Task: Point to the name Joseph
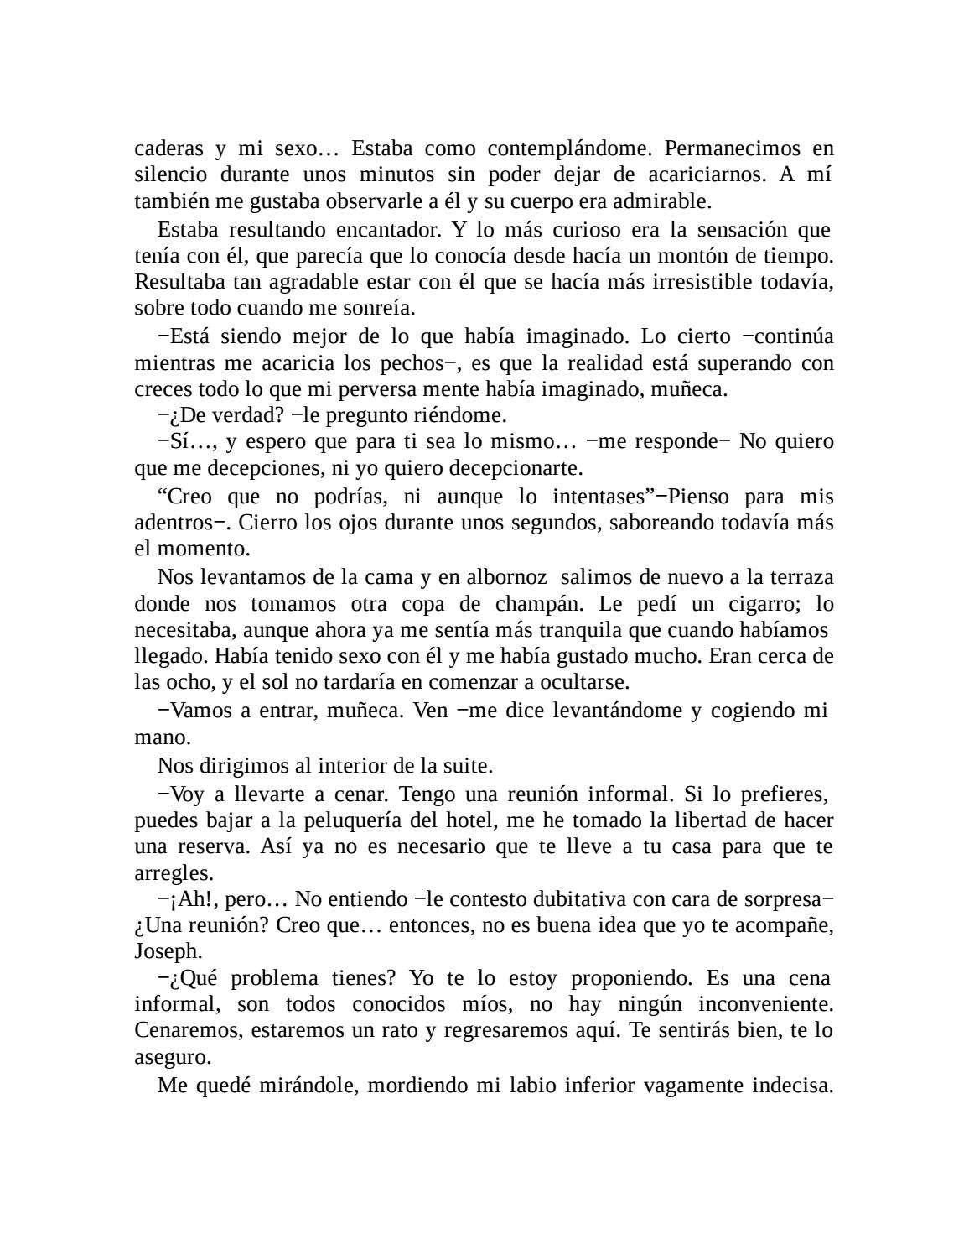(168, 951)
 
